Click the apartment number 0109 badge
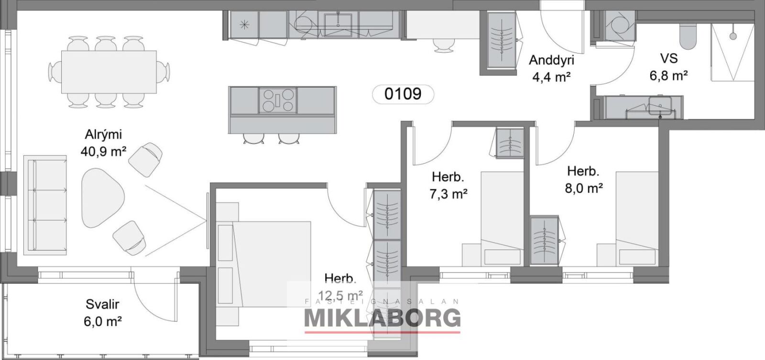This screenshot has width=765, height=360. coord(403,94)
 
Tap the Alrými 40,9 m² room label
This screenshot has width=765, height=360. coord(103,143)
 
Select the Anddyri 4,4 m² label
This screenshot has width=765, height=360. coord(551,68)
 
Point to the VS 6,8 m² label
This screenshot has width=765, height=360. coord(669,67)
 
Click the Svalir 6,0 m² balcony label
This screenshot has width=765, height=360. coord(102,313)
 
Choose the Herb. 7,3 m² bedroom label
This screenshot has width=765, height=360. coord(448,185)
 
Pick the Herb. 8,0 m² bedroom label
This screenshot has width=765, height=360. coord(583,180)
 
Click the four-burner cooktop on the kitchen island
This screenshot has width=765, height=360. coord(278,100)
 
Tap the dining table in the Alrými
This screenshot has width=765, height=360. coord(109,72)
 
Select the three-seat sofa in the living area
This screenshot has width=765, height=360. coord(45,205)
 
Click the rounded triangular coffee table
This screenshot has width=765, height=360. coord(101,198)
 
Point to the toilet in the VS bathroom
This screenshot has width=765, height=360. coord(688,36)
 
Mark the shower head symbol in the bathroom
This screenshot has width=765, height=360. coord(733,36)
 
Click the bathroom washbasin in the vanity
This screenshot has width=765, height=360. coord(660,106)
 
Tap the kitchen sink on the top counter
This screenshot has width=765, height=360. coord(338,25)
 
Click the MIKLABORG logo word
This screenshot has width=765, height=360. coord(382,317)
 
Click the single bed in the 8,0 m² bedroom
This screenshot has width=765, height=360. coord(637,218)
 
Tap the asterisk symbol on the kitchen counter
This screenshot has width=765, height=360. coord(244,24)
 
